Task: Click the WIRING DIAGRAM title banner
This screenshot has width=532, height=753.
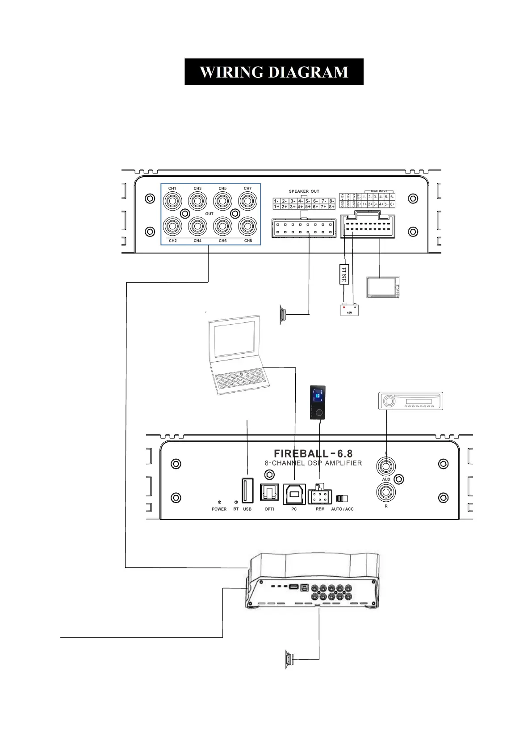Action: pyautogui.click(x=273, y=72)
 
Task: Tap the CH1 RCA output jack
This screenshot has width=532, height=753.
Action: pyautogui.click(x=172, y=201)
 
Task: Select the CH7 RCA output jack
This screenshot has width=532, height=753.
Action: pyautogui.click(x=247, y=201)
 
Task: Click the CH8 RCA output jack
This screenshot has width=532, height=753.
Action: pyautogui.click(x=247, y=227)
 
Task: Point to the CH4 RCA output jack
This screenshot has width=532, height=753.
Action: pyautogui.click(x=197, y=227)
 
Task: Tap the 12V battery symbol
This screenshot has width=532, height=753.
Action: pyautogui.click(x=349, y=309)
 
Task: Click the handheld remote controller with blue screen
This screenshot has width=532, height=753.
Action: pyautogui.click(x=317, y=402)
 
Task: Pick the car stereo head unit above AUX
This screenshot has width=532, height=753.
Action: pyautogui.click(x=410, y=401)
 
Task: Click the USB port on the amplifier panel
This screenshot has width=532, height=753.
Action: pyautogui.click(x=247, y=491)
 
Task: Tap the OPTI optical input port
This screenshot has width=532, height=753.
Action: pyautogui.click(x=269, y=494)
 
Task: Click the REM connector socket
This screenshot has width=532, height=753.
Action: pyautogui.click(x=320, y=495)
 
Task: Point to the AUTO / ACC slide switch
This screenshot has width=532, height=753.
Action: pyautogui.click(x=342, y=499)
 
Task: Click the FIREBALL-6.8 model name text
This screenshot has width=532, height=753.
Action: pyautogui.click(x=313, y=454)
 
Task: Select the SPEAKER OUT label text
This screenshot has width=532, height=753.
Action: pyautogui.click(x=304, y=191)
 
